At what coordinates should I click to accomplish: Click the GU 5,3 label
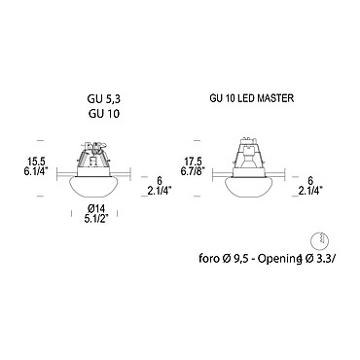click(104, 99)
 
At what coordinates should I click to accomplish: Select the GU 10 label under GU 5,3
click(104, 113)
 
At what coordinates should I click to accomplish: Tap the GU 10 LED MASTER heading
click(252, 98)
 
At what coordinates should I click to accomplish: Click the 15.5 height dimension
click(38, 161)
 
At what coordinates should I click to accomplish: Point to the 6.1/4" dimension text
click(38, 171)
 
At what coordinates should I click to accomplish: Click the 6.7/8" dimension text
click(192, 171)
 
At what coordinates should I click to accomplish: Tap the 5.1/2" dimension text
click(96, 219)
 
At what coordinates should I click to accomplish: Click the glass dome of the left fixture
click(93, 187)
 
